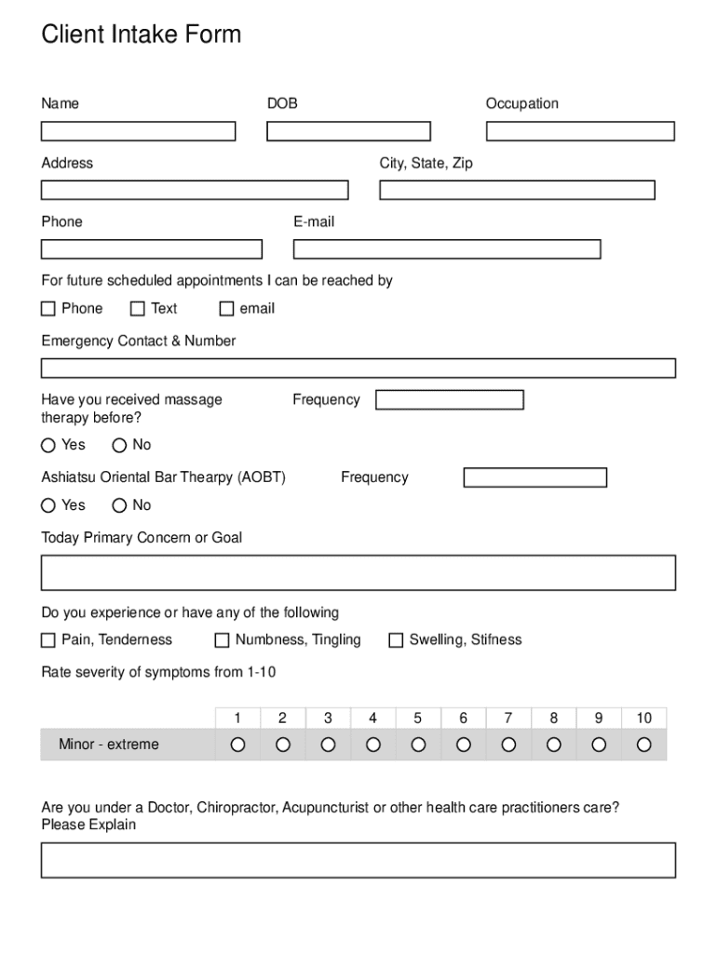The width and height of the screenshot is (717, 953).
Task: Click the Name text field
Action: point(138,131)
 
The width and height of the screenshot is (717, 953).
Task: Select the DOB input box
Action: point(348,131)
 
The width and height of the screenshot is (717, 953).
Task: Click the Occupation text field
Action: point(580,131)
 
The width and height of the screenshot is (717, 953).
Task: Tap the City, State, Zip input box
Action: point(517,190)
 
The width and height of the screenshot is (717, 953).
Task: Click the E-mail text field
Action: point(447,249)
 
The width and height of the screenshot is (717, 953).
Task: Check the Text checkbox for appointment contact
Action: point(138,309)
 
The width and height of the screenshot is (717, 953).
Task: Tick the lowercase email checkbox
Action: point(226,309)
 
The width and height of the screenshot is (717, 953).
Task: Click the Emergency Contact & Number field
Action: point(358,369)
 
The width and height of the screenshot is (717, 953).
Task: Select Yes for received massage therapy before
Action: point(48,446)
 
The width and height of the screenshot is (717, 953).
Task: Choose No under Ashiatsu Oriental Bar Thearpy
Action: point(120,506)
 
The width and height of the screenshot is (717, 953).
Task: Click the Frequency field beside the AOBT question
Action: point(535,477)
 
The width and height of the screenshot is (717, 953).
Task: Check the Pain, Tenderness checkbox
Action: point(48,640)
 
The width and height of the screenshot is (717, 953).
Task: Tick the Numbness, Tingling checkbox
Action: point(222,640)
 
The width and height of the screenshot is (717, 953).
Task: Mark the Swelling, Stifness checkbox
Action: point(396,640)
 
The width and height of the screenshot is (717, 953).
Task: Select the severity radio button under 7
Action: point(508,745)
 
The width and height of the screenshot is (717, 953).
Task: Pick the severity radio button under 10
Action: point(643,745)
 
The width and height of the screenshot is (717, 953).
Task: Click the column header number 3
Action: point(328,718)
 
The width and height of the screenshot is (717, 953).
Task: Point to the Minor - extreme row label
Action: point(109,745)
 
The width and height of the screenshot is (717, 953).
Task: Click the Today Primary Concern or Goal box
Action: point(358,572)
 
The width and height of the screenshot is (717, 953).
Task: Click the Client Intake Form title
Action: point(142,35)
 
